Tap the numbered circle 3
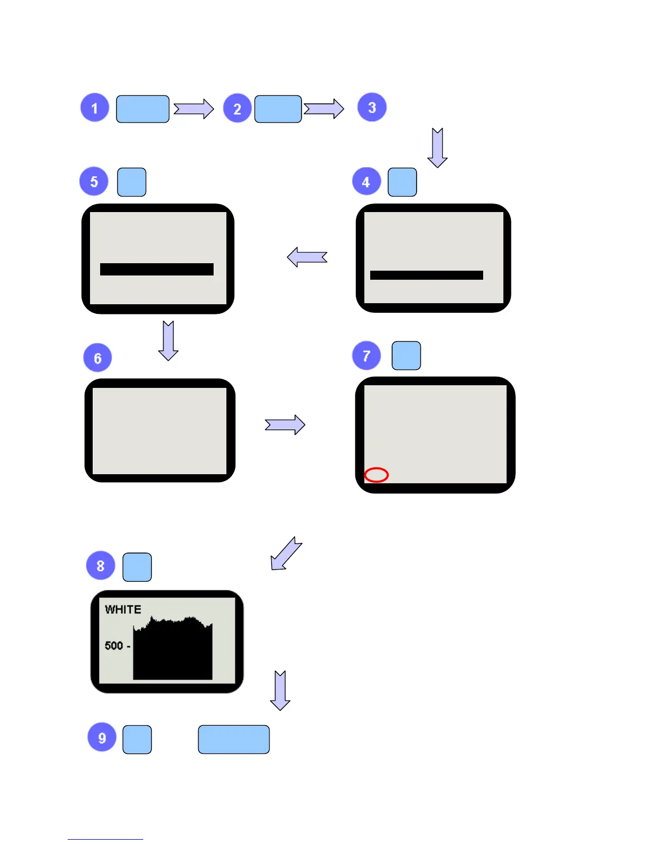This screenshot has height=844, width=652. (372, 107)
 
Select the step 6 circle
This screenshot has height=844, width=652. (97, 358)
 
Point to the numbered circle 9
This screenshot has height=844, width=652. (102, 737)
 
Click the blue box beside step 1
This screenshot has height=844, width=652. (143, 109)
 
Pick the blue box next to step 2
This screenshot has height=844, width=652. (278, 109)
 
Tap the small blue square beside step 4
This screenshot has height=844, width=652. (402, 182)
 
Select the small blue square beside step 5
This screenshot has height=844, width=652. (132, 182)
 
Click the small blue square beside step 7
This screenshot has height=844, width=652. (406, 355)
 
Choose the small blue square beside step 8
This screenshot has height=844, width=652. (137, 567)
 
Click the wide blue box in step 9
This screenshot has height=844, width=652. (234, 739)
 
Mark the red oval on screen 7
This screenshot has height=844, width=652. (377, 475)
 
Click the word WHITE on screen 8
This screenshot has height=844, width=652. (123, 610)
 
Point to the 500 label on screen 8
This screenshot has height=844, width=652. (114, 646)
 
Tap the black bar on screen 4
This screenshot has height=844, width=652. (427, 275)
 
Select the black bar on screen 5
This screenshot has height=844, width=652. (157, 269)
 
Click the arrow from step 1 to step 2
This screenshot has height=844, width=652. (193, 109)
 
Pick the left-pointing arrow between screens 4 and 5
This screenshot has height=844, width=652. (307, 257)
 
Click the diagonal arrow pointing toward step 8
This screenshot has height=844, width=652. (286, 554)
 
